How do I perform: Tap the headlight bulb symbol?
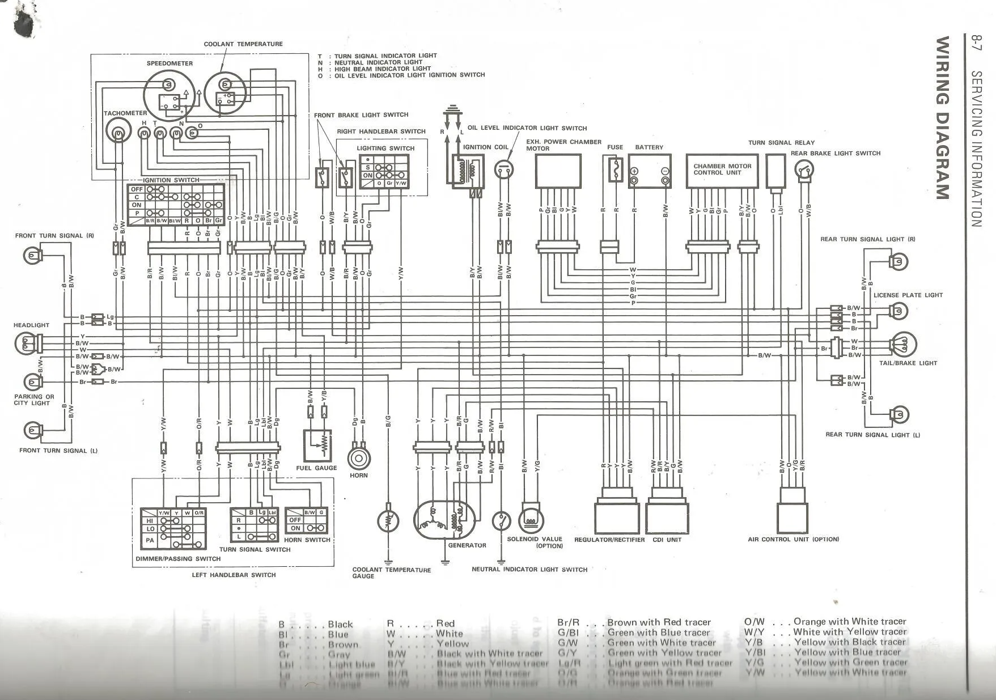(x=25, y=343)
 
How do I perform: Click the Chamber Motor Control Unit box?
(x=722, y=170)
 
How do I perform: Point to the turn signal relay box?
(x=775, y=171)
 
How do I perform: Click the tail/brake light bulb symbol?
(x=904, y=344)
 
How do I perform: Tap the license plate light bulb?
(x=899, y=311)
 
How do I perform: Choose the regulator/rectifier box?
(x=616, y=517)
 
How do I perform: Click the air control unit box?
(x=793, y=516)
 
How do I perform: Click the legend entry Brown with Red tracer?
(x=658, y=622)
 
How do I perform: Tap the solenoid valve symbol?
(x=531, y=520)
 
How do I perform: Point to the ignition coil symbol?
(x=468, y=170)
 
